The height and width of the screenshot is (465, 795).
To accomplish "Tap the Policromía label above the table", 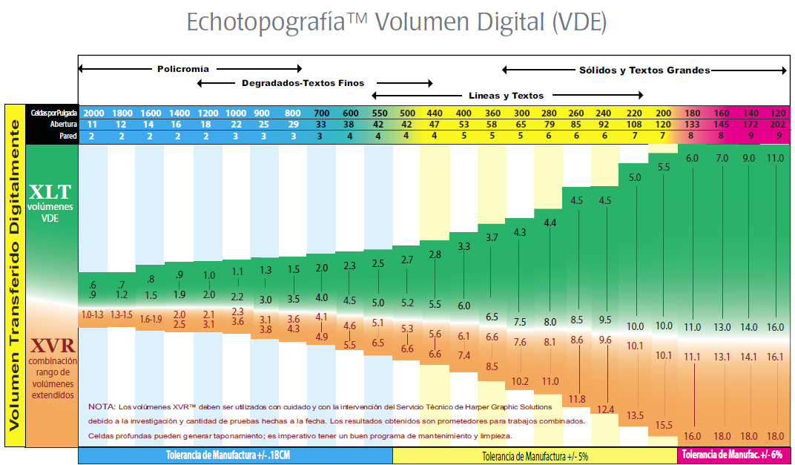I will (182, 69).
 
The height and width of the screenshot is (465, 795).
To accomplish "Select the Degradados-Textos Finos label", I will (303, 83).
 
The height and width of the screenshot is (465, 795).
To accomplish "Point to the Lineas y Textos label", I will (507, 96).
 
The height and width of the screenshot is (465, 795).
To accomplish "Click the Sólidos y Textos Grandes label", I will (644, 70).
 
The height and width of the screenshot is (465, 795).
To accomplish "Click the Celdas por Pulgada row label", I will (53, 113).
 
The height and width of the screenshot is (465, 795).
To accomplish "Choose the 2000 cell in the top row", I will (93, 113).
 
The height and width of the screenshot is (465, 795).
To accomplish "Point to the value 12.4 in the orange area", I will (606, 409).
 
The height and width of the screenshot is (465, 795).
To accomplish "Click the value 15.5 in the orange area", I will (664, 425).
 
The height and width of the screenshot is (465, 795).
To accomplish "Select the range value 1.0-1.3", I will (92, 315).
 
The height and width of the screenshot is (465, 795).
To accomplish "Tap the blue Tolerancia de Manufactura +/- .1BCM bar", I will (234, 455).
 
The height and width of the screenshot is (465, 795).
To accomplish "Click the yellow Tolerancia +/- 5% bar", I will (535, 455).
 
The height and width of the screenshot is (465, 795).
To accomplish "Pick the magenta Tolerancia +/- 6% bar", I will (733, 455).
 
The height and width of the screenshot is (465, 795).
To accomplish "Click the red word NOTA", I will (101, 406).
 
